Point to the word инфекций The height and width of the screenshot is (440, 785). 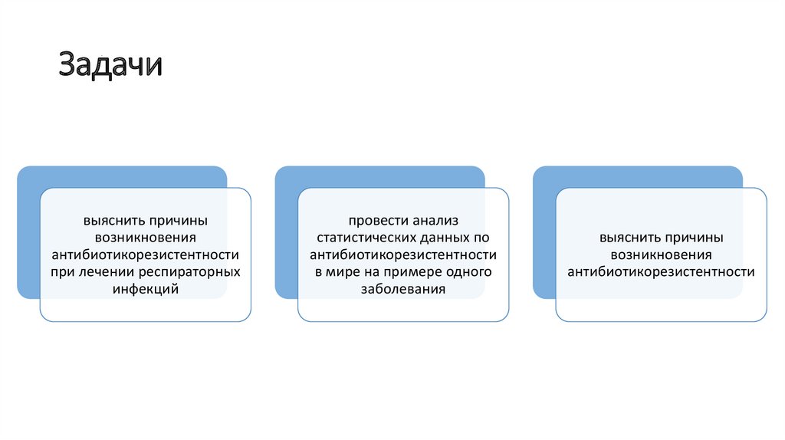(145, 290)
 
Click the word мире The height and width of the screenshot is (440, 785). (342, 272)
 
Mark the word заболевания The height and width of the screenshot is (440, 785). (402, 290)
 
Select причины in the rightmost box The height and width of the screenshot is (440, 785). (694, 238)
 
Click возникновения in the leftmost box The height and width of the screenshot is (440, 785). (145, 238)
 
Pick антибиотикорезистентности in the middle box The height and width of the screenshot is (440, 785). (402, 254)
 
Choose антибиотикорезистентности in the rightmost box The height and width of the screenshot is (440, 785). (661, 272)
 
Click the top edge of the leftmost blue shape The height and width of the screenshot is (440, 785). (122, 166)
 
